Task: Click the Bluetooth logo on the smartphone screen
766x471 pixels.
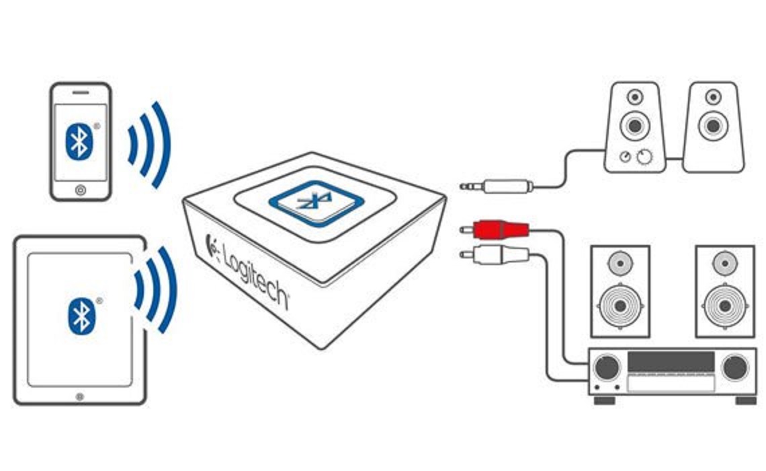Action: pyautogui.click(x=79, y=141)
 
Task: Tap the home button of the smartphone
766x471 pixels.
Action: pyautogui.click(x=81, y=190)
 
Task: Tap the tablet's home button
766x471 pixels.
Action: pyautogui.click(x=80, y=397)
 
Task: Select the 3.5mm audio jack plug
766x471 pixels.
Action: pyautogui.click(x=497, y=185)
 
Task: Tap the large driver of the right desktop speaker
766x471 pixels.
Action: pyautogui.click(x=712, y=125)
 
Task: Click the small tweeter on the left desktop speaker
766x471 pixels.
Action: pyautogui.click(x=635, y=98)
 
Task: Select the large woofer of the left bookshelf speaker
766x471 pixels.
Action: pyautogui.click(x=620, y=305)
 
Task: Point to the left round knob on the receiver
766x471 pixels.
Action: pyautogui.click(x=607, y=368)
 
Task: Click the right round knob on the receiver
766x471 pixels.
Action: pyautogui.click(x=735, y=368)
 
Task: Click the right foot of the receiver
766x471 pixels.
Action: pyautogui.click(x=745, y=400)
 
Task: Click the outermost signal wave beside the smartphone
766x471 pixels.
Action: pyautogui.click(x=161, y=145)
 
